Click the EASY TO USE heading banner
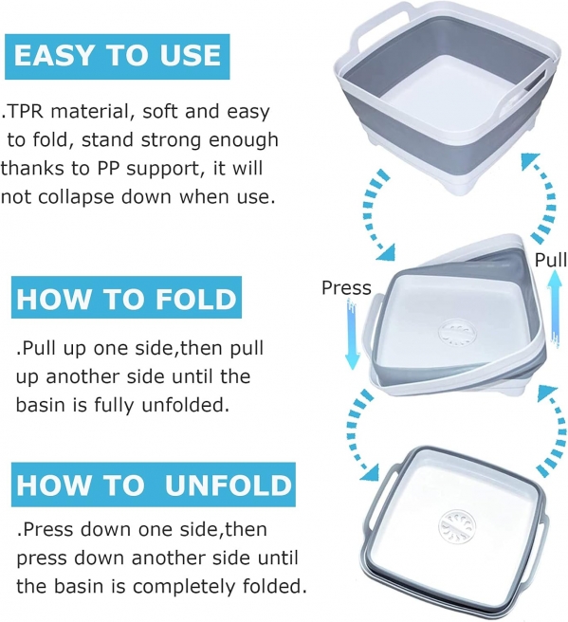point(117,56)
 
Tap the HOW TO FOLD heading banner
point(126,298)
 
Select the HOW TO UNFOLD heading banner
point(153,485)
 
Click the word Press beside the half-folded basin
point(346,287)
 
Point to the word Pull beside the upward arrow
point(551,260)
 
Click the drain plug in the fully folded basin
point(456,527)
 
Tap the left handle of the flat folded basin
point(381,485)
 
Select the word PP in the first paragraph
point(109,168)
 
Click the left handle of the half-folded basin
point(376,329)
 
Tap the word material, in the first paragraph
point(92,112)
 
